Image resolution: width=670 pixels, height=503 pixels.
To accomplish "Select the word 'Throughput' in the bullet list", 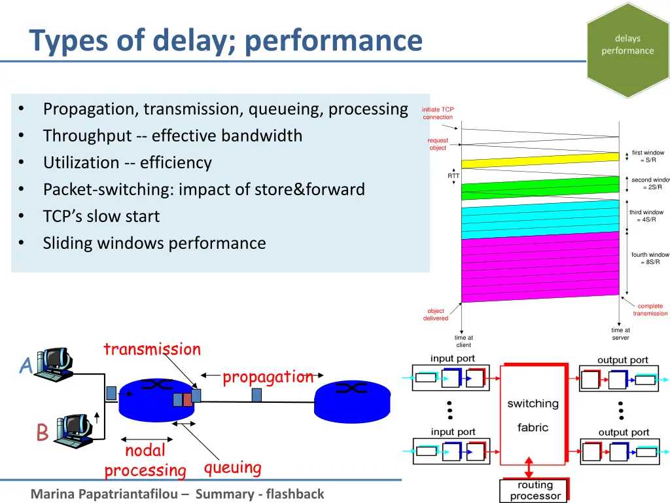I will click(87, 136).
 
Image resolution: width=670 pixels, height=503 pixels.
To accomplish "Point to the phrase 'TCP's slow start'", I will click(101, 216).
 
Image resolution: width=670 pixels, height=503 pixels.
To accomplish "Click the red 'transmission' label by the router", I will click(152, 349).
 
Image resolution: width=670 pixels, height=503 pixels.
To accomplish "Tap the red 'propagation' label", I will click(268, 377).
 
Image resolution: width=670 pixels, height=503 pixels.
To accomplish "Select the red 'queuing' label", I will click(232, 468).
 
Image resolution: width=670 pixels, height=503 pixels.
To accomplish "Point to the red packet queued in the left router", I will click(187, 400).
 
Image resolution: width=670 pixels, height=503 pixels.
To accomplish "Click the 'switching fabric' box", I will click(533, 415).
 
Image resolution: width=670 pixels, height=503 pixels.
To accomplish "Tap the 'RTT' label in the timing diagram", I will click(453, 176).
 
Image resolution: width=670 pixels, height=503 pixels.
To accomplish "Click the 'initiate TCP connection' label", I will click(438, 113).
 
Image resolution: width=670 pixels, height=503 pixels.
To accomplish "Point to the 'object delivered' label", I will click(436, 314).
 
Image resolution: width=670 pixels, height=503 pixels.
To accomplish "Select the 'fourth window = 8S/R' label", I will click(650, 258).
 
